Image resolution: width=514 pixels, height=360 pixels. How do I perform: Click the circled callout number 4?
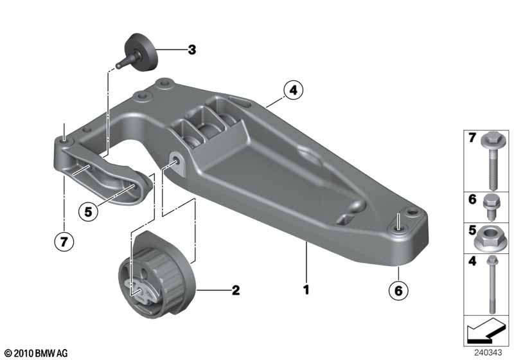tap(294, 90)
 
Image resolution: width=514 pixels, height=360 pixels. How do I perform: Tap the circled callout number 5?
tap(88, 212)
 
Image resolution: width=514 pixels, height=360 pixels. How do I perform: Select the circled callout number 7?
tap(64, 242)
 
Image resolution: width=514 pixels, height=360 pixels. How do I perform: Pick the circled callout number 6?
tap(398, 291)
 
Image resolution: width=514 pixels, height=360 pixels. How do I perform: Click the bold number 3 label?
tap(191, 50)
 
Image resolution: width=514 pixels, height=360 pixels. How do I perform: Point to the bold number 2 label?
tap(236, 290)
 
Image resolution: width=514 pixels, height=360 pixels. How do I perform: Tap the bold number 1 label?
tap(306, 290)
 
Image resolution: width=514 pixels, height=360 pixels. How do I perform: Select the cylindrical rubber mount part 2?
tap(156, 275)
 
